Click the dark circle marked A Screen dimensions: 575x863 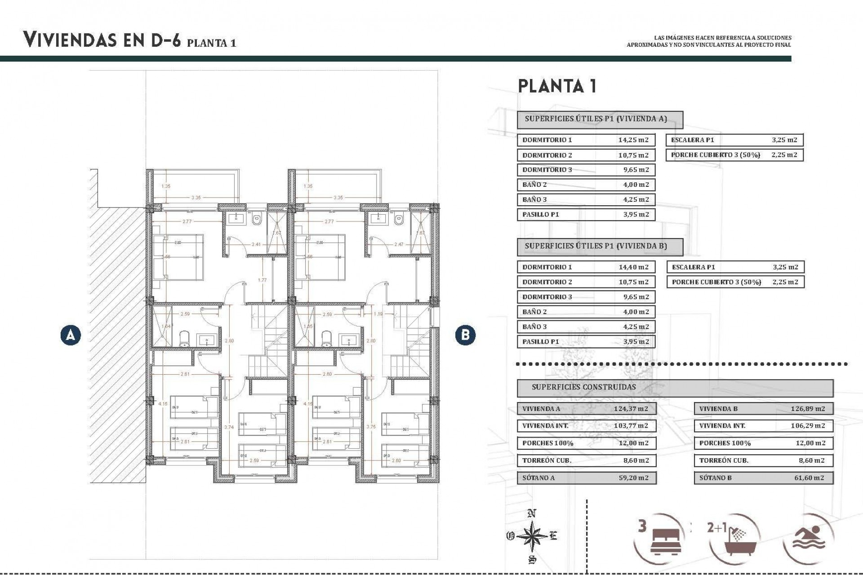point(71,335)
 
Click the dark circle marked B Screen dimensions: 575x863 point(465,335)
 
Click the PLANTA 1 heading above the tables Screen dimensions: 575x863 point(557,86)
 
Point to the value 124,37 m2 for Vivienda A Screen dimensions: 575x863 point(631,409)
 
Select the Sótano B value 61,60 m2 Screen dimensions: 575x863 point(809,478)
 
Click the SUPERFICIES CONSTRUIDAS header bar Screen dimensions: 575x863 point(674,387)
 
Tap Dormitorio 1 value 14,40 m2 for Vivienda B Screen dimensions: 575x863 point(633,267)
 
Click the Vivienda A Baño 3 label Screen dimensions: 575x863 point(534,199)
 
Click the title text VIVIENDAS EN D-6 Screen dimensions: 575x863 point(102,40)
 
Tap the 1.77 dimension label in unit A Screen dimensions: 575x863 point(262,280)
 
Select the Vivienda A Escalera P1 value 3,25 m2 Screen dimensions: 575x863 point(784,140)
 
